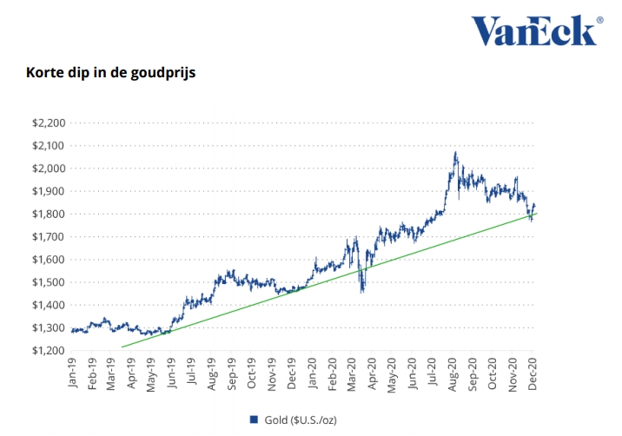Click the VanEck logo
(533, 30)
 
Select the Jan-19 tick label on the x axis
(71, 373)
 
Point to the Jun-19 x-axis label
(172, 373)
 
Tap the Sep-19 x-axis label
(233, 373)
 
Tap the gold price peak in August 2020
(455, 154)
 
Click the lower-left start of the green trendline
(122, 347)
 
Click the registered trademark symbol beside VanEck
(599, 18)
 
